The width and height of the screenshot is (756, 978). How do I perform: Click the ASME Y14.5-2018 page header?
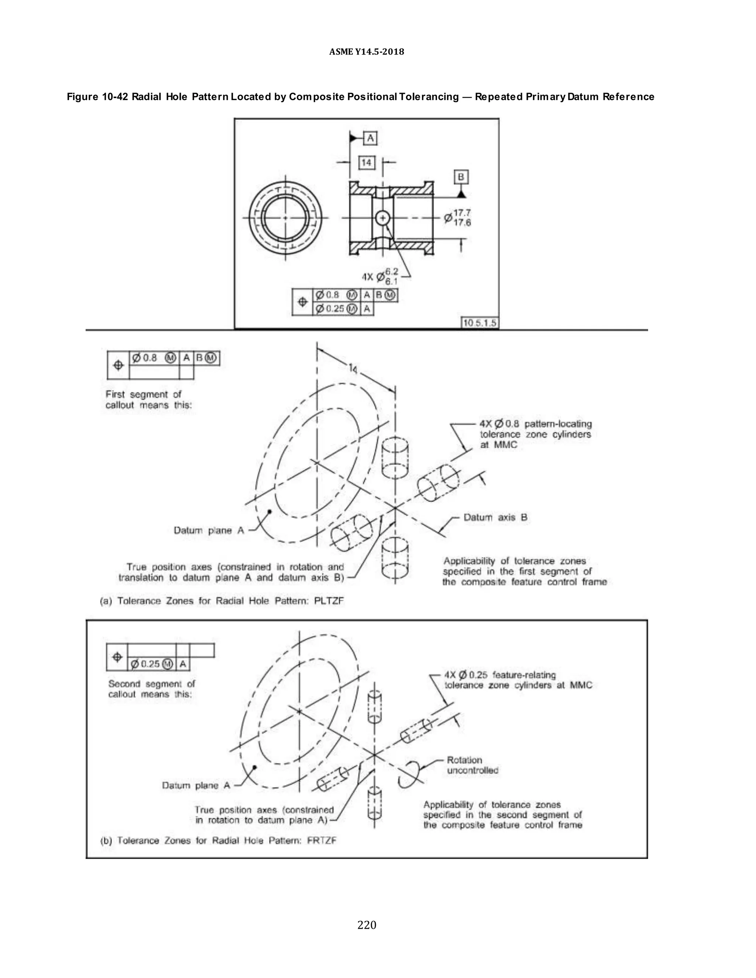pyautogui.click(x=366, y=52)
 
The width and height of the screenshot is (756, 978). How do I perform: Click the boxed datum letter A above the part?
pyautogui.click(x=370, y=138)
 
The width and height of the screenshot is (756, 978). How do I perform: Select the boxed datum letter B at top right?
pyautogui.click(x=461, y=177)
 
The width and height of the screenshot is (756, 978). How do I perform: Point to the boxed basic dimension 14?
pyautogui.click(x=366, y=162)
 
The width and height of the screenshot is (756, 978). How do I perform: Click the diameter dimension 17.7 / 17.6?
pyautogui.click(x=458, y=218)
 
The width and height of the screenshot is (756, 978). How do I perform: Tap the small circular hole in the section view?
pyautogui.click(x=382, y=218)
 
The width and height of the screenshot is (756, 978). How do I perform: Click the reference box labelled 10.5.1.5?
pyautogui.click(x=480, y=323)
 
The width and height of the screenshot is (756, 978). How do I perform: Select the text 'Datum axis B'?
pyautogui.click(x=495, y=518)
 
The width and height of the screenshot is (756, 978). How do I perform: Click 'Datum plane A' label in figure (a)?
pyautogui.click(x=209, y=531)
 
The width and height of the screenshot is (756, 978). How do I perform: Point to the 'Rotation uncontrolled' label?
pyautogui.click(x=472, y=765)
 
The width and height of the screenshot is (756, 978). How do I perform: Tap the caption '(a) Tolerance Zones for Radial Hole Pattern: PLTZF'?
pyautogui.click(x=222, y=601)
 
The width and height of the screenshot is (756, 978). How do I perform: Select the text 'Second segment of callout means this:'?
pyautogui.click(x=151, y=689)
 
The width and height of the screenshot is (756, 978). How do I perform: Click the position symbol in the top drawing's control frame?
pyautogui.click(x=303, y=302)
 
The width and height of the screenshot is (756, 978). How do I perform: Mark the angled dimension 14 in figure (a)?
pyautogui.click(x=353, y=369)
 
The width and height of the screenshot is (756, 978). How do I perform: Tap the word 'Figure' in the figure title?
pyautogui.click(x=82, y=97)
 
